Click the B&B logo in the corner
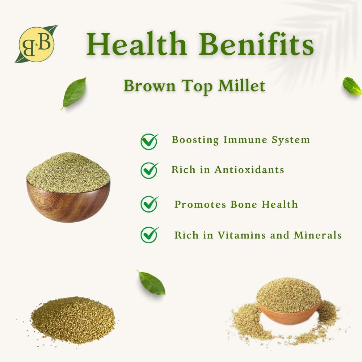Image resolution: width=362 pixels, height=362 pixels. tap(36, 43)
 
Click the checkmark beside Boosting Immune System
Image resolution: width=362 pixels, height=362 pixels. tap(149, 141)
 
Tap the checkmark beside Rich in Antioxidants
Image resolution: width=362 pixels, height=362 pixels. tap(149, 170)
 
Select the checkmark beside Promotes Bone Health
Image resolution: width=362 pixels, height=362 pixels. tap(149, 204)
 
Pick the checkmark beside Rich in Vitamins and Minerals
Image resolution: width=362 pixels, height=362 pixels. tap(149, 235)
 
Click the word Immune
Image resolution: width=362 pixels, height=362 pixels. tap(245, 140)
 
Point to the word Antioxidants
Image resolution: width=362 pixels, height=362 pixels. tap(249, 169)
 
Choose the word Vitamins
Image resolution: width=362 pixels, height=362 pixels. tap(240, 235)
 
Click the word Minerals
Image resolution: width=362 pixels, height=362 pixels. tap(317, 235)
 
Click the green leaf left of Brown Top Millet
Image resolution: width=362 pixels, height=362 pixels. tap(74, 92)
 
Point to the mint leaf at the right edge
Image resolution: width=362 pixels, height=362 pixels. tap(352, 86)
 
